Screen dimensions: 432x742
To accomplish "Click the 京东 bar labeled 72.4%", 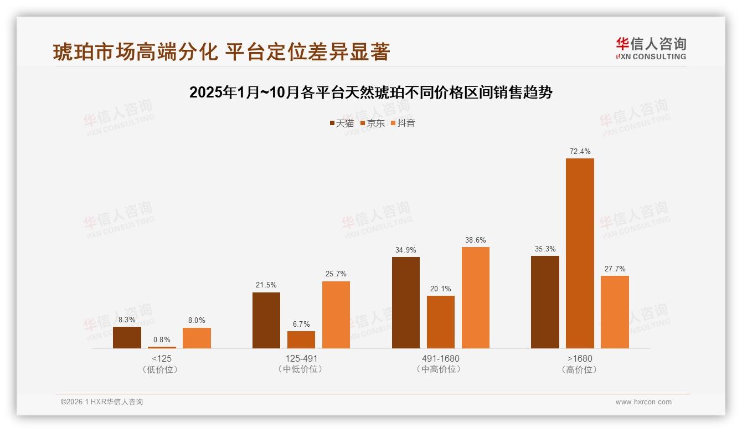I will point(580,253).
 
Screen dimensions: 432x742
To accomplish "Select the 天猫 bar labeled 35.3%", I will point(545,302).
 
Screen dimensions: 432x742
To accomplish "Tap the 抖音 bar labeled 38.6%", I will point(476,297).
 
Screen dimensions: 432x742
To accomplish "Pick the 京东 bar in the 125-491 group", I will point(301,340).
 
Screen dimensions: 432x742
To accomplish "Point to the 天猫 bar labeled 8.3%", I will point(127,337).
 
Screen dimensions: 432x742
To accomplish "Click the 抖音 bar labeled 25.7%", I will point(336,315).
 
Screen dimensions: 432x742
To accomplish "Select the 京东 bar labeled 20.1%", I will point(441,322).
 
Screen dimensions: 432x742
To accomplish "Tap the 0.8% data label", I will point(162,340).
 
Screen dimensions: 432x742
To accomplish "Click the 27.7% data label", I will point(615,269).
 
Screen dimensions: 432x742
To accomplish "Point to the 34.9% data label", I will point(406,250).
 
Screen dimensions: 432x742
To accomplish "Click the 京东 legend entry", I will point(372,123).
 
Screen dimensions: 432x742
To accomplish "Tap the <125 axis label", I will point(161,358).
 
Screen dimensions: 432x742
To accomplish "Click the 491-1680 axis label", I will point(441,358).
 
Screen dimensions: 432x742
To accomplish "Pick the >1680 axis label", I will point(580,358).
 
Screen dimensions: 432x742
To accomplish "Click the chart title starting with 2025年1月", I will point(370,92).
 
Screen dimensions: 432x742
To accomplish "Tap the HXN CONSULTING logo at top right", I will point(651,48).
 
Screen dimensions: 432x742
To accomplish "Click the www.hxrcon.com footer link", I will point(643,402).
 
